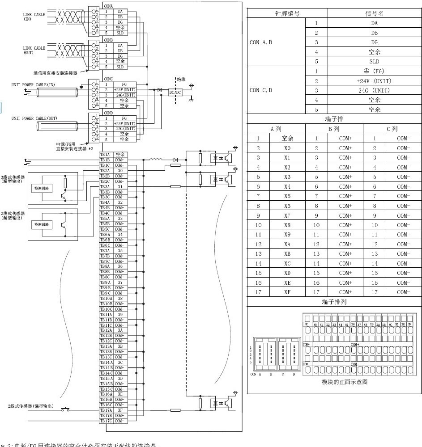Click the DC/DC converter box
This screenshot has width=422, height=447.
pyautogui.click(x=175, y=93)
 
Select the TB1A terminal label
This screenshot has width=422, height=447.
pyautogui.click(x=105, y=155)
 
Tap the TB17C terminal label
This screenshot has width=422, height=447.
pyautogui.click(x=106, y=421)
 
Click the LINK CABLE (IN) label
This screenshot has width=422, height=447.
pyautogui.click(x=34, y=17)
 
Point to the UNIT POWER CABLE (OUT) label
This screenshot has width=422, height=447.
pyautogui.click(x=34, y=118)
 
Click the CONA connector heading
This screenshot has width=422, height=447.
pyautogui.click(x=108, y=6)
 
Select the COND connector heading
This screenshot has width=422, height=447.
pyautogui.click(x=108, y=113)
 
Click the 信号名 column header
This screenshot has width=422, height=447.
pyautogui.click(x=374, y=13)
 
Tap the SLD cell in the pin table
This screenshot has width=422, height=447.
pyautogui.click(x=374, y=62)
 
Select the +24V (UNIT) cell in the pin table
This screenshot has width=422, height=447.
pyautogui.click(x=374, y=81)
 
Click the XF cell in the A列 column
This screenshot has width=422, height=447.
pyautogui.click(x=287, y=292)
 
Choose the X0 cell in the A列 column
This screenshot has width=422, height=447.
pyautogui.click(x=287, y=148)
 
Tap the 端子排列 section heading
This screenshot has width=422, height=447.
pyautogui.click(x=334, y=302)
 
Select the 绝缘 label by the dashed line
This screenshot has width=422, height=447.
pyautogui.click(x=181, y=79)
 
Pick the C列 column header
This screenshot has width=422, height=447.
pyautogui.click(x=392, y=129)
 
